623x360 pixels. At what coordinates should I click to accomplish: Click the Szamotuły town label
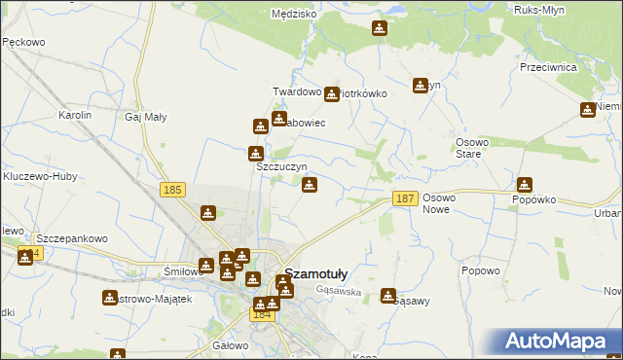(x=316, y=274)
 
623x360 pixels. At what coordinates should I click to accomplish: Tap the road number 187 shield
(x=406, y=198)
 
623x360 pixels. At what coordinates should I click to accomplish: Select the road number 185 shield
(x=173, y=190)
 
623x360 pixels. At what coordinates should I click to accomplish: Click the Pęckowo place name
(x=25, y=43)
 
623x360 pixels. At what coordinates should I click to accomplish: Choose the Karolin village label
(x=75, y=115)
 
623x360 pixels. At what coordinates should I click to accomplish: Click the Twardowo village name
(x=297, y=91)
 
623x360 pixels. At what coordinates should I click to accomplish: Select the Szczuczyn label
(x=281, y=166)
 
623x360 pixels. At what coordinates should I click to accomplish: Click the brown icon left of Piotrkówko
(x=332, y=94)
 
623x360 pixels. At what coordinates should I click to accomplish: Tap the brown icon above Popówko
(x=525, y=183)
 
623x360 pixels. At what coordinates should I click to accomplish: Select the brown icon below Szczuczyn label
(x=309, y=185)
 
